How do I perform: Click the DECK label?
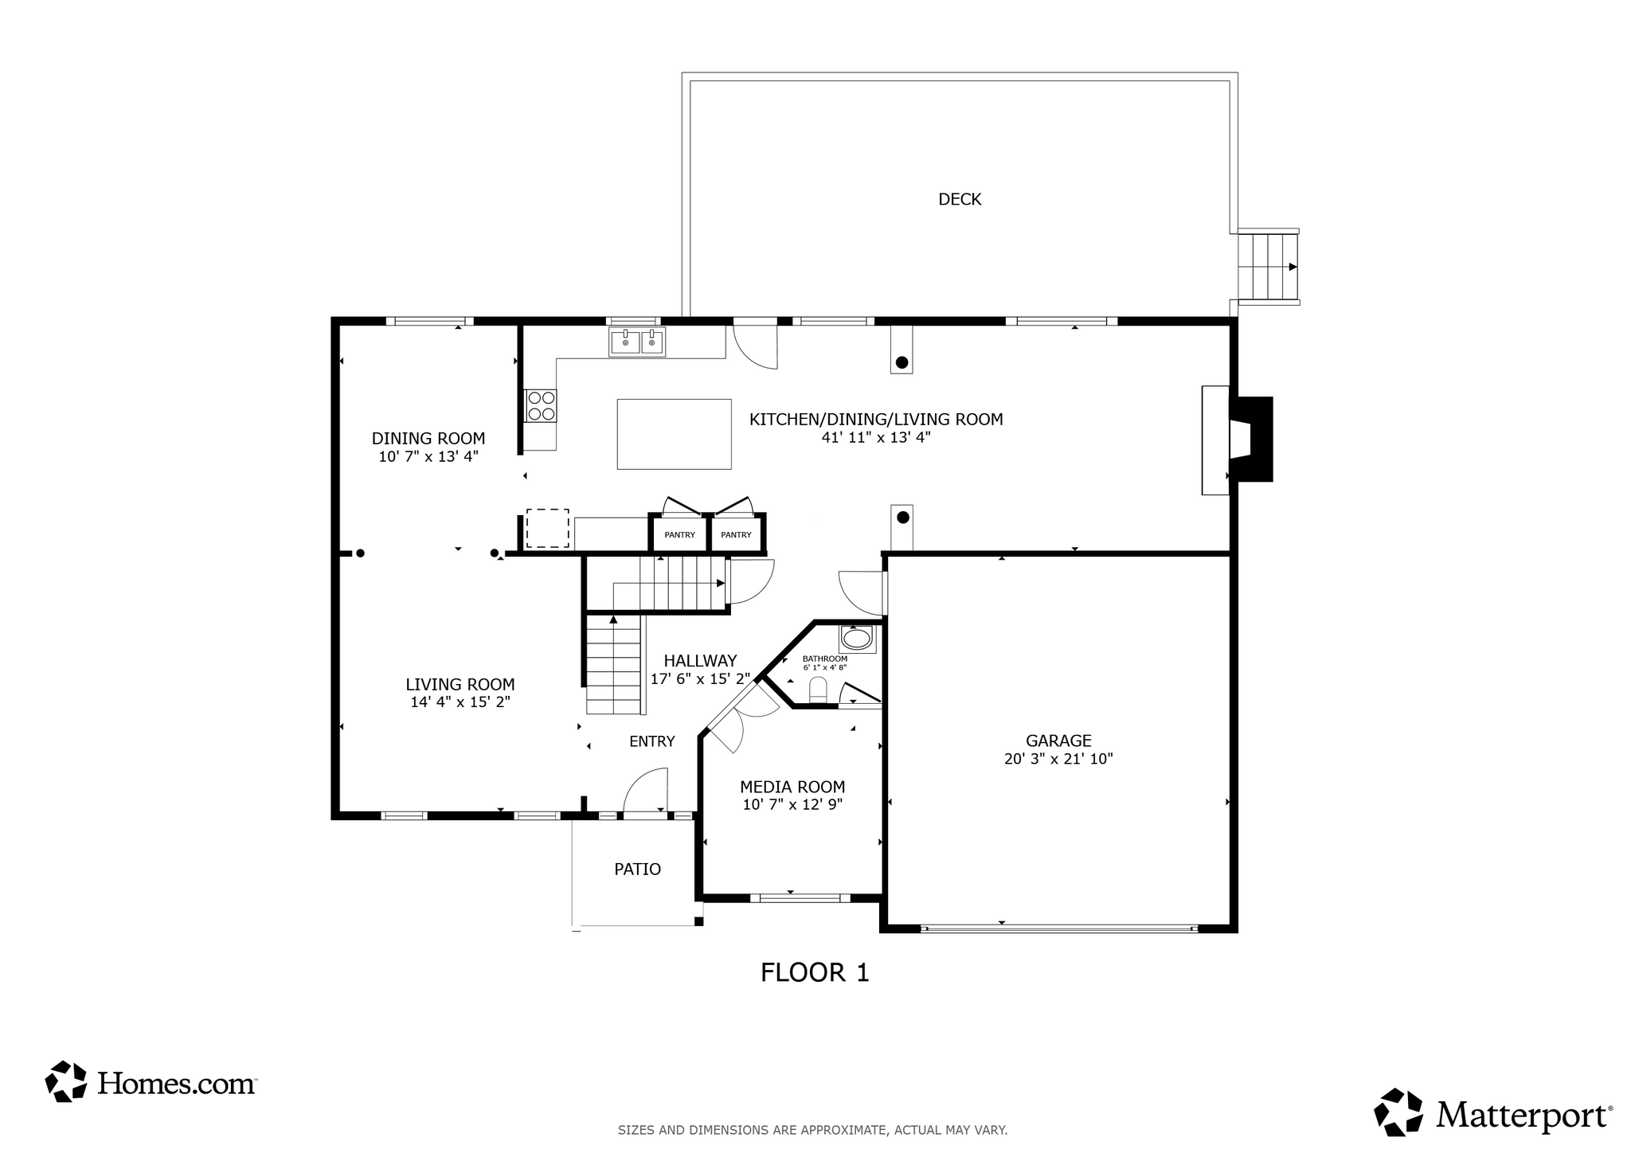pos(960,199)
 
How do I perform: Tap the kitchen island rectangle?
pos(674,434)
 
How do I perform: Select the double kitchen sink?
pos(637,342)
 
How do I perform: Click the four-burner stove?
pos(541,405)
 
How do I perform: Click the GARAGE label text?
pos(1058,741)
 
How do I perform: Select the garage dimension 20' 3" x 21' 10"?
pos(1058,759)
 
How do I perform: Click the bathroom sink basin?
pos(857,639)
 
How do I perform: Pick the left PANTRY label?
pos(679,535)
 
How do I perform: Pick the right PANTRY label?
pos(736,535)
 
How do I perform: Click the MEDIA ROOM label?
pos(792,787)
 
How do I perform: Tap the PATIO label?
pos(637,870)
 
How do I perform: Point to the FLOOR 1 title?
pos(815,972)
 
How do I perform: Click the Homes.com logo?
pos(151,1082)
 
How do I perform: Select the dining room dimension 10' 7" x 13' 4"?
pos(428,457)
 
